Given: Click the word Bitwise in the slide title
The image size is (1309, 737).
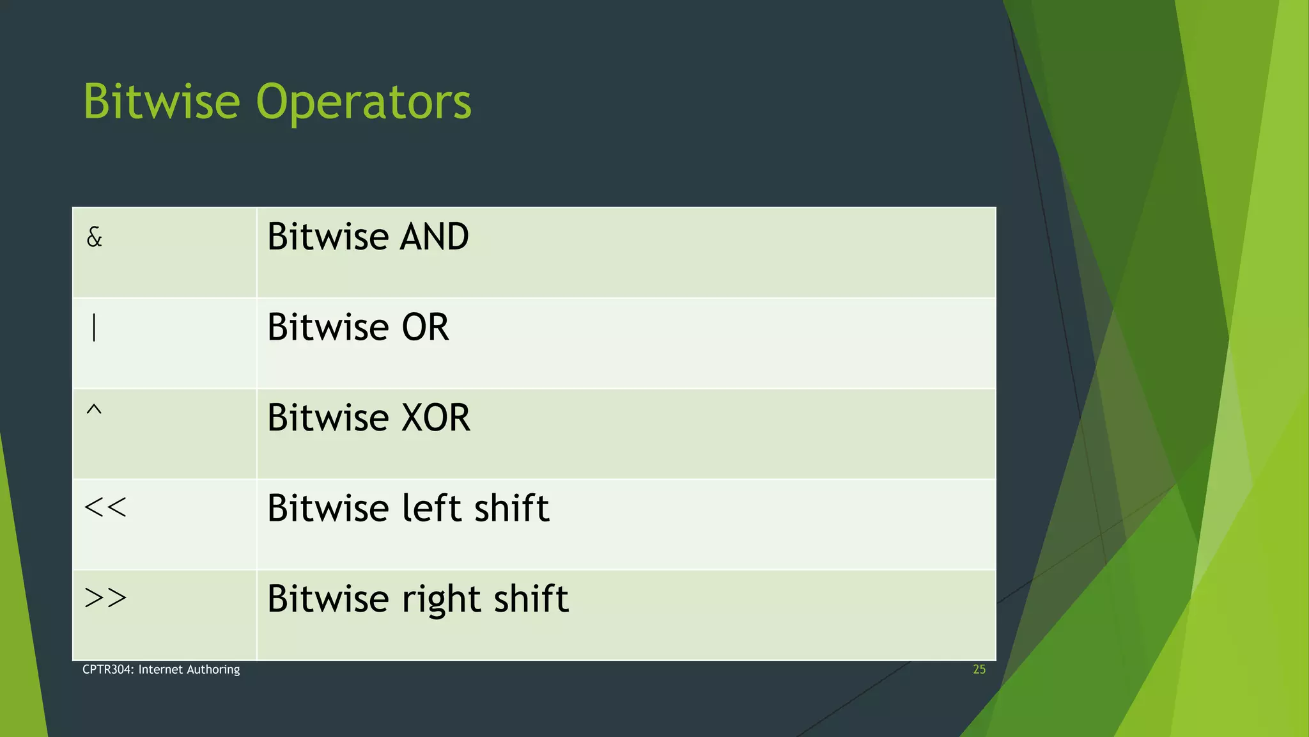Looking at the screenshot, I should pyautogui.click(x=162, y=102).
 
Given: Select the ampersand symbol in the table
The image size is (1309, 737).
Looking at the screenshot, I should pyautogui.click(x=94, y=238).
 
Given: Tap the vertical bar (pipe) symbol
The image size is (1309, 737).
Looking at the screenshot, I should pyautogui.click(x=94, y=328).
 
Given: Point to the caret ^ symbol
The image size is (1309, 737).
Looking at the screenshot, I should pyautogui.click(x=94, y=410).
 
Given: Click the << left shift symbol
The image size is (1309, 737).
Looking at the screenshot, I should pyautogui.click(x=105, y=508).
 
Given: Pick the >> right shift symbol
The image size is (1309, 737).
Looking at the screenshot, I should pyautogui.click(x=105, y=598).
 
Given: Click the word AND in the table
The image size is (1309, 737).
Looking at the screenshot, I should pyautogui.click(x=434, y=237).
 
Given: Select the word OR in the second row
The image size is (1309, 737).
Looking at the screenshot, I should pyautogui.click(x=425, y=328).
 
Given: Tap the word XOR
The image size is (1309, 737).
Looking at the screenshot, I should pyautogui.click(x=435, y=418).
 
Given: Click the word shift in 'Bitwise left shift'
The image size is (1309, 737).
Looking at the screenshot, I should pyautogui.click(x=511, y=509).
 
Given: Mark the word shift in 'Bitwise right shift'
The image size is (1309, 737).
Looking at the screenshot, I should pyautogui.click(x=531, y=599).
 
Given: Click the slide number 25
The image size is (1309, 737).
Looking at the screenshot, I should pyautogui.click(x=979, y=670).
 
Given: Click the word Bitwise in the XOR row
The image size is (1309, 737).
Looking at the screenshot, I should pyautogui.click(x=328, y=418).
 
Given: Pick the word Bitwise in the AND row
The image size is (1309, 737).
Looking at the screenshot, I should pyautogui.click(x=328, y=237).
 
